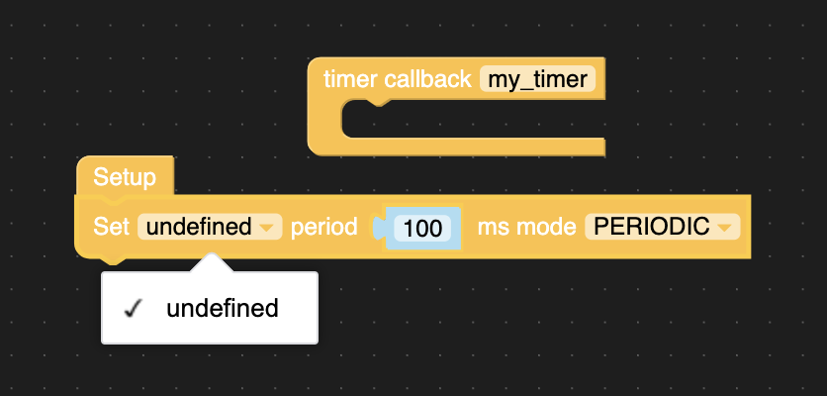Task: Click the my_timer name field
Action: pyautogui.click(x=538, y=79)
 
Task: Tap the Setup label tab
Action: pyautogui.click(x=125, y=178)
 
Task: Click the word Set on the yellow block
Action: pyautogui.click(x=111, y=227)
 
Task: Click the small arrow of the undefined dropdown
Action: pyautogui.click(x=266, y=228)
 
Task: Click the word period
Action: pyautogui.click(x=323, y=227)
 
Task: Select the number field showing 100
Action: pyautogui.click(x=422, y=228)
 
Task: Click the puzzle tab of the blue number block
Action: pyautogui.click(x=378, y=228)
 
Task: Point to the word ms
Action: pyautogui.click(x=493, y=227)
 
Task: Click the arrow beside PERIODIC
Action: pyautogui.click(x=725, y=228)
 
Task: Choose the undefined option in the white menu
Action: pyautogui.click(x=223, y=308)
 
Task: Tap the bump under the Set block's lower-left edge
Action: pyautogui.click(x=114, y=260)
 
